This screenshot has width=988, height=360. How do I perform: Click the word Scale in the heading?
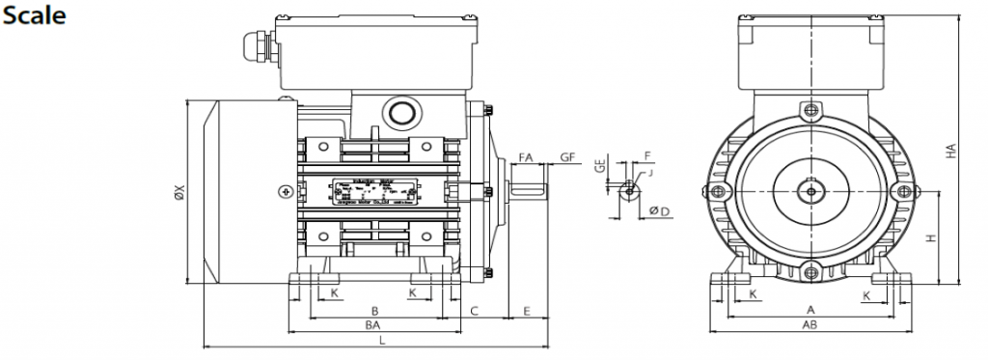(x=33, y=16)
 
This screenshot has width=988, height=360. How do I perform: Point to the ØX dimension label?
(x=178, y=193)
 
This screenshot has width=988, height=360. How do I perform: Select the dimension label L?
(x=382, y=340)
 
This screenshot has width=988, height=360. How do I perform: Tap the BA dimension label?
(x=371, y=325)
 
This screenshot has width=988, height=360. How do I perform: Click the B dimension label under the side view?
(x=374, y=310)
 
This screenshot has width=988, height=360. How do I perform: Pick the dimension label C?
(x=475, y=310)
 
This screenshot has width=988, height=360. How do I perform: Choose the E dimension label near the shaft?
(x=527, y=310)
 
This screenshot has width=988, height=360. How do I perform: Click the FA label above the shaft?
(x=527, y=156)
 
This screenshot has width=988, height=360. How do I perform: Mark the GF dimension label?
(x=567, y=156)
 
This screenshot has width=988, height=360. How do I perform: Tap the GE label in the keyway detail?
(x=599, y=165)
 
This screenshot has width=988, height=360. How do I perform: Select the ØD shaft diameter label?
(x=660, y=210)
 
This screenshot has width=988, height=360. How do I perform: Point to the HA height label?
(x=951, y=152)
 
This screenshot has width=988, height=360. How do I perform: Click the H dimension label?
(x=928, y=237)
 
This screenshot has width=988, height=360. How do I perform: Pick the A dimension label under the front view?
(x=810, y=309)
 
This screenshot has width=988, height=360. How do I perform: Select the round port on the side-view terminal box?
(x=398, y=112)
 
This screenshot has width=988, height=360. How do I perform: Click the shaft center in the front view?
(x=810, y=191)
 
